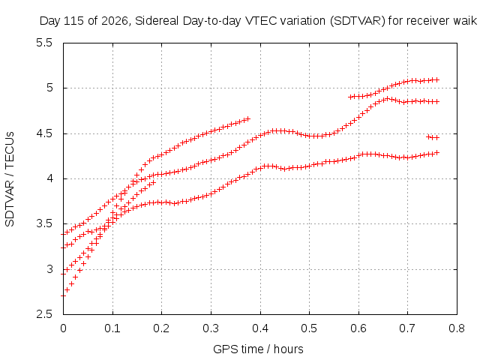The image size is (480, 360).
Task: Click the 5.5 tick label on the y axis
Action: tap(44, 43)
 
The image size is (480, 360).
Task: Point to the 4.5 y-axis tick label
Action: tap(44, 133)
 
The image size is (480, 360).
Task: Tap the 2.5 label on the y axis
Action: tap(44, 314)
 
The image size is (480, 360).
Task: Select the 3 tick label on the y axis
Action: tap(49, 269)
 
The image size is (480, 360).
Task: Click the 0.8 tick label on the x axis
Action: tap(457, 328)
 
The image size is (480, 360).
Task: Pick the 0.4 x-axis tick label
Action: tap(260, 328)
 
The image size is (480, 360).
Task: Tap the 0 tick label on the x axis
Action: tap(63, 328)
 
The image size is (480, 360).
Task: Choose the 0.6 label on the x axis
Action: tap(358, 328)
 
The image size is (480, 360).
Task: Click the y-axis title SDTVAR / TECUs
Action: tap(10, 179)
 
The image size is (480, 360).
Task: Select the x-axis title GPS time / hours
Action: tap(258, 349)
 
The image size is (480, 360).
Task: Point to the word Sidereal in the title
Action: tap(157, 21)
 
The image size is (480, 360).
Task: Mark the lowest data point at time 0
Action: tap(63, 295)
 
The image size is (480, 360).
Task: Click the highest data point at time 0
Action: tap(63, 235)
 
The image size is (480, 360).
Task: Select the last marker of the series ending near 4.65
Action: tap(247, 118)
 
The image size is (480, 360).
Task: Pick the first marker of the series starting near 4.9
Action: tap(351, 97)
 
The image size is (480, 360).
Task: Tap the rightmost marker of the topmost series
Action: tap(436, 80)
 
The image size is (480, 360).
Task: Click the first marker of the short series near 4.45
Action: tap(430, 137)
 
